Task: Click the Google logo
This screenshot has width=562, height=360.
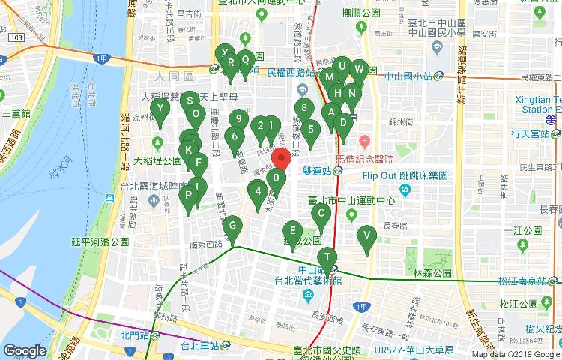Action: pyautogui.click(x=25, y=350)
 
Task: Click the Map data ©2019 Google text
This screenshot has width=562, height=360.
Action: pyautogui.click(x=516, y=354)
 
